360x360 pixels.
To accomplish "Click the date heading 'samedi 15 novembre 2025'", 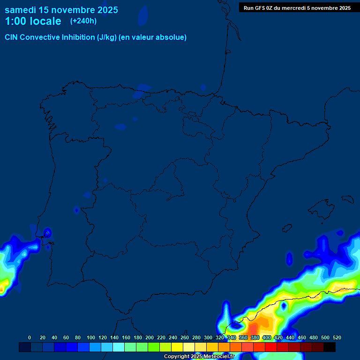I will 61,10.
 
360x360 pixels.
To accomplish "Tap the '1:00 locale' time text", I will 33,21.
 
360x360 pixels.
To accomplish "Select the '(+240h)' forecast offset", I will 83,21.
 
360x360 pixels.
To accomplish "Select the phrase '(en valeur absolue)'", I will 153,37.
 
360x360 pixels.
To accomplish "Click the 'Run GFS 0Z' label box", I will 297,7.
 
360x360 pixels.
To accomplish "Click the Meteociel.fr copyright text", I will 199,356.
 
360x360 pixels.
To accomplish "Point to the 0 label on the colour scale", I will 30,337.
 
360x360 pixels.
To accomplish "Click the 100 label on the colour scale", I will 91,337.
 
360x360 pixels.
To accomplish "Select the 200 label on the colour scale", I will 150,337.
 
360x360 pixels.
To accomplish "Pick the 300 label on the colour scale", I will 208,337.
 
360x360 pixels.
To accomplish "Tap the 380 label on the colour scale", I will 255,337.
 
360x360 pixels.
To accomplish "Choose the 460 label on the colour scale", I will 302,337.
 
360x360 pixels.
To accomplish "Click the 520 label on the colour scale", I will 337,337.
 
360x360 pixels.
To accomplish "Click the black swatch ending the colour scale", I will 330,347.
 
